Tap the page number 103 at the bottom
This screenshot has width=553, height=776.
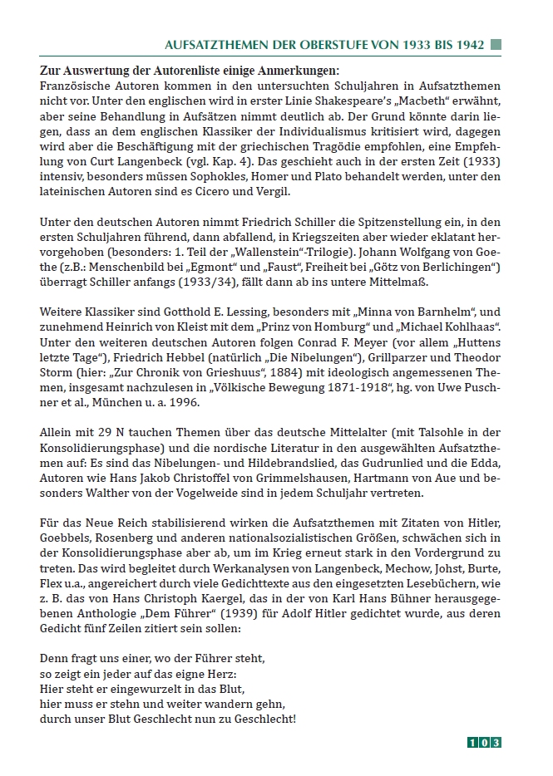[483, 742]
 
